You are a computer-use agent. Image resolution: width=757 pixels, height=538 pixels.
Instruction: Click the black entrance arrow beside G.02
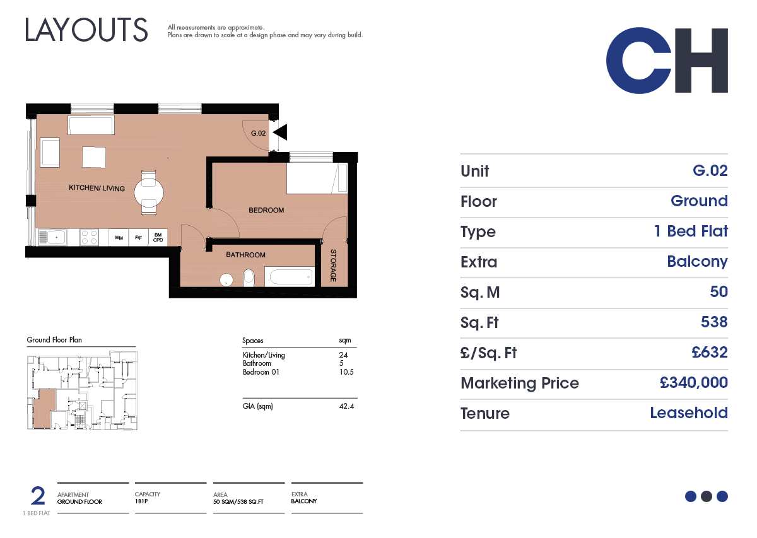281,132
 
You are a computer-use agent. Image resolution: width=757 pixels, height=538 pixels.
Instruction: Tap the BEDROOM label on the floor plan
266,210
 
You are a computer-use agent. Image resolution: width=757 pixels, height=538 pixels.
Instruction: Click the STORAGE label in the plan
333,266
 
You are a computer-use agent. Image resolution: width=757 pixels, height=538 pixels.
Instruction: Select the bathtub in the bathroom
290,277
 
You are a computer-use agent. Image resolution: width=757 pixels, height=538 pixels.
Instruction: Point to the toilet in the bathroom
249,278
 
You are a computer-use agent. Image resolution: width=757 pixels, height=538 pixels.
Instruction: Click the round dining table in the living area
149,193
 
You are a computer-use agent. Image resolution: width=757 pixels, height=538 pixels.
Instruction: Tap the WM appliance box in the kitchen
119,238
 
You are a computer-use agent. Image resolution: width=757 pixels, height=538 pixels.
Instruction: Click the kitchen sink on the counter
52,237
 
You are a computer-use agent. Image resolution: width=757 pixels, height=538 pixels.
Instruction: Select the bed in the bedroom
317,178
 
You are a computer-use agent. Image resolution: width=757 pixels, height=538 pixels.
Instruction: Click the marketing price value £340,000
693,383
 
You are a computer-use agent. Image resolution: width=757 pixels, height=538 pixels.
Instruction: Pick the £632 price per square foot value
709,352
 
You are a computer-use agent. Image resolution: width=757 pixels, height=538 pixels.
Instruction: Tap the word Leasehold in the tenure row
689,412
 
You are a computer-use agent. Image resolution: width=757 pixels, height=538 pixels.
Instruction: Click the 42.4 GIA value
346,406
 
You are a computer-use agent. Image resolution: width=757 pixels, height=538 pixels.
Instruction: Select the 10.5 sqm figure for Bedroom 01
346,372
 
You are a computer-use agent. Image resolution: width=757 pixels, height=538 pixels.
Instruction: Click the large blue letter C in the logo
638,61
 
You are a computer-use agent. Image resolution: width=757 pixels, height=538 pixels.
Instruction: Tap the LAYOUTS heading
86,30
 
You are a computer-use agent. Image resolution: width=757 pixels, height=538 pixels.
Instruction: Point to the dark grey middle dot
707,496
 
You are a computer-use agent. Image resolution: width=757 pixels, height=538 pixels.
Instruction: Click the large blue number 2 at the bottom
37,495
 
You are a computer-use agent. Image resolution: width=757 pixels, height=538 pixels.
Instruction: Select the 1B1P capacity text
141,501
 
